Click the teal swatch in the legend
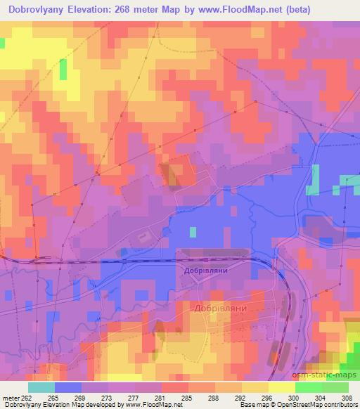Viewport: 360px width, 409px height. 41,387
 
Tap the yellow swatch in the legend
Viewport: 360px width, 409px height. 255,387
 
